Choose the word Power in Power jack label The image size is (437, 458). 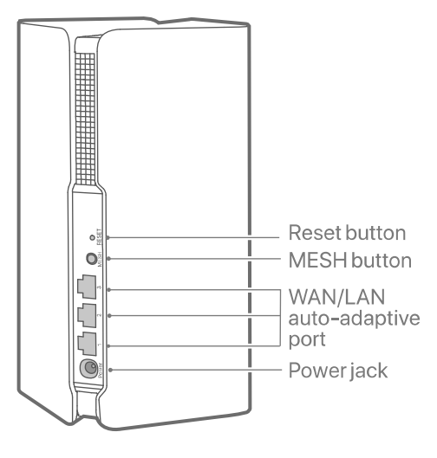tap(314, 370)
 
